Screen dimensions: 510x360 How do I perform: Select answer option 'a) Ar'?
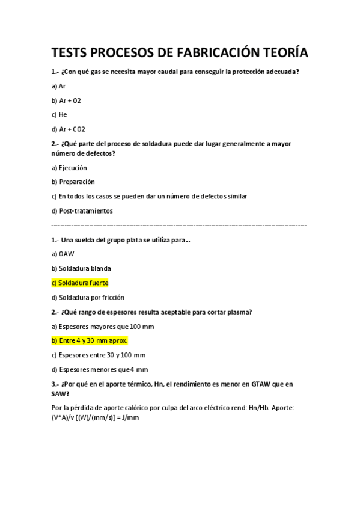point(58,86)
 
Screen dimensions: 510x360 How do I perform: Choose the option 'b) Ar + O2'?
point(66,100)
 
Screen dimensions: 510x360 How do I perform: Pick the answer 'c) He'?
point(59,114)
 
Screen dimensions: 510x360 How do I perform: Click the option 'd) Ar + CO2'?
point(69,129)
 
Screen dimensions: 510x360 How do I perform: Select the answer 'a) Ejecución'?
point(69,168)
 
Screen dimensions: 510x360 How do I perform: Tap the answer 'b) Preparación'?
point(73,182)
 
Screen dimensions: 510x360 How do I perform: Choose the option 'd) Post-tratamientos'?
point(82,210)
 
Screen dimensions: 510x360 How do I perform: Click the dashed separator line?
point(179,225)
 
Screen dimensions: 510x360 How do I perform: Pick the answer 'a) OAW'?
point(62,254)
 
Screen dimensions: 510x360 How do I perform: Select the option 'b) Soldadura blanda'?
point(81,268)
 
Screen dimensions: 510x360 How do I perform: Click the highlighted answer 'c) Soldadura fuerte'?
point(80,283)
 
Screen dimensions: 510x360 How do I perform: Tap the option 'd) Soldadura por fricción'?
point(88,297)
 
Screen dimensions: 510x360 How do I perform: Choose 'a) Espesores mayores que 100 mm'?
point(103,326)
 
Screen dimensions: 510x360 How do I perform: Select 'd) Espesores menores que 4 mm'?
point(99,369)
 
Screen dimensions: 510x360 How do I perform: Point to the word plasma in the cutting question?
point(237,312)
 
